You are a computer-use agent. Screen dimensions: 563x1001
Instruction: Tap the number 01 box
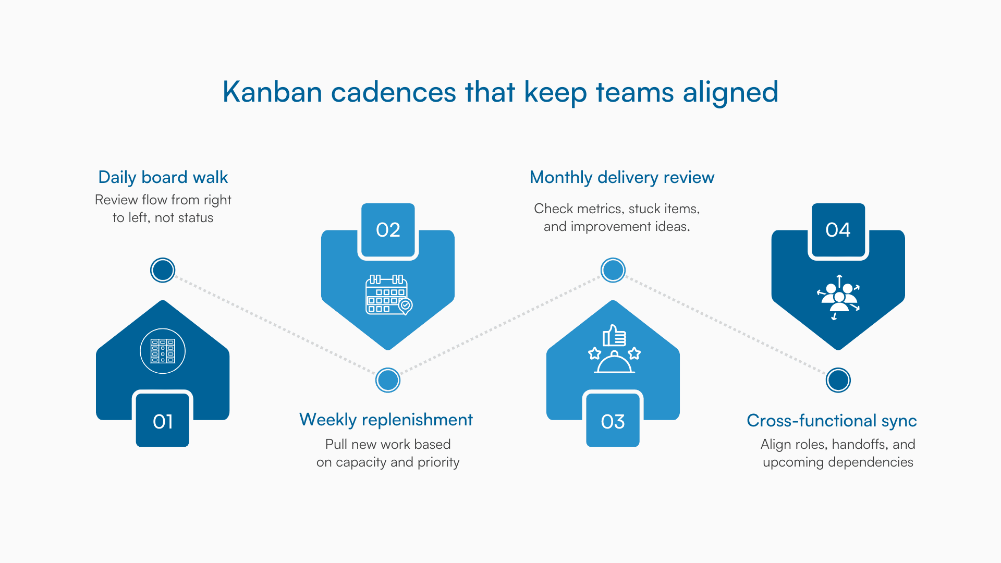click(x=163, y=421)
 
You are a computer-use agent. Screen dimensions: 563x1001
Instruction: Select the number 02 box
click(x=388, y=230)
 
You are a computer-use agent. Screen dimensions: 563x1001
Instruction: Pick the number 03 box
click(x=613, y=421)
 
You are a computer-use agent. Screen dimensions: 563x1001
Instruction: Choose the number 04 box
click(x=838, y=230)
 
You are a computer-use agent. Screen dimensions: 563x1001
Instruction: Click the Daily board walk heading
click(x=163, y=177)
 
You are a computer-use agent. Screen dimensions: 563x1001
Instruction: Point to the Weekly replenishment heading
click(x=386, y=420)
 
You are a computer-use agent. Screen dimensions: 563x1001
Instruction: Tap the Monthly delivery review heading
click(x=621, y=177)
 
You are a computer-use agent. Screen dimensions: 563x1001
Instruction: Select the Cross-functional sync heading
click(x=832, y=421)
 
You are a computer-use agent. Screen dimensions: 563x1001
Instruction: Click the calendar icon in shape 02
click(x=388, y=295)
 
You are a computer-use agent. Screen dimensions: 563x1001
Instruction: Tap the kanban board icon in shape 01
click(x=163, y=351)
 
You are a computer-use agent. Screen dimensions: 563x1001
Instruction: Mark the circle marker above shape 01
click(x=163, y=270)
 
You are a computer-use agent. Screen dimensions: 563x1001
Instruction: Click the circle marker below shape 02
click(x=388, y=380)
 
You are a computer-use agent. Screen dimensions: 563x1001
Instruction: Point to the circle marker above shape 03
click(x=613, y=270)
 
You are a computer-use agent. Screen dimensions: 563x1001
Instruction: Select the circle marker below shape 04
click(x=838, y=380)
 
